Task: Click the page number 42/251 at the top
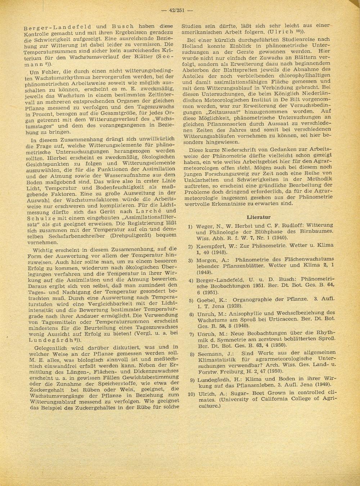point(176,10)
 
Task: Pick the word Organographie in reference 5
point(254,299)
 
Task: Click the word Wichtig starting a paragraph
point(44,249)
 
